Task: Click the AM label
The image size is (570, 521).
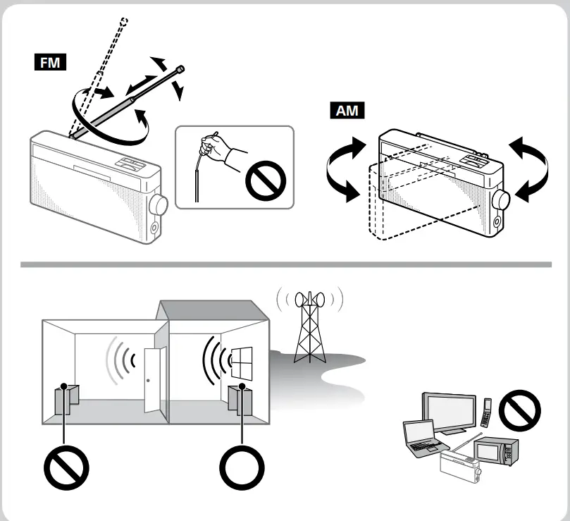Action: pyautogui.click(x=347, y=111)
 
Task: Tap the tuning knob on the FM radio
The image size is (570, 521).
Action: pyautogui.click(x=159, y=204)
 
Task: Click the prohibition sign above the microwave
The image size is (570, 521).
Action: pyautogui.click(x=519, y=408)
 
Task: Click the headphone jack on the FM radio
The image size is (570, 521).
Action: pyautogui.click(x=156, y=228)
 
